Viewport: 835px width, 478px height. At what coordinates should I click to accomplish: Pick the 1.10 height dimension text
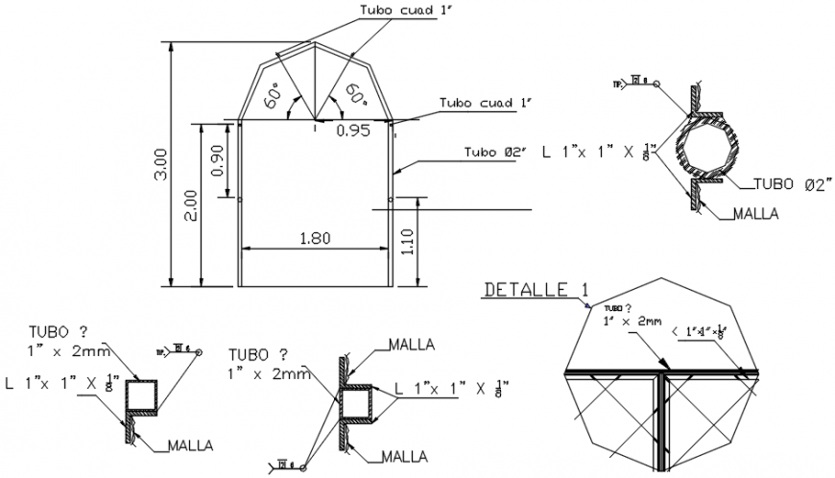coord(409,240)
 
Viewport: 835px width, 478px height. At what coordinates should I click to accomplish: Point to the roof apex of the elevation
coord(316,42)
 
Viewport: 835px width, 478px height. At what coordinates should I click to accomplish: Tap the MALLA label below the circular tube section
coord(753,213)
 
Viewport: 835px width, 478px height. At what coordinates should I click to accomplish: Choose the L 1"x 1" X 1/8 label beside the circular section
coord(599,152)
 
